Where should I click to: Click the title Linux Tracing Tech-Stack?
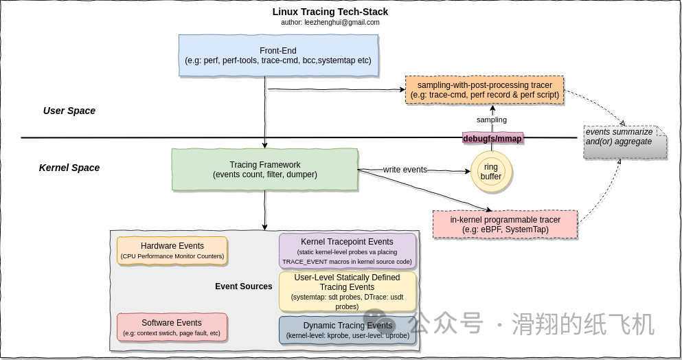330,12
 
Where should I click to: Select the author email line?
330,22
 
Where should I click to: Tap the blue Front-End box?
278,56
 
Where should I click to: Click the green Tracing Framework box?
265,170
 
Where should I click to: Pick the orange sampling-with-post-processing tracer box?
484,90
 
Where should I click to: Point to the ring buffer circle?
491,172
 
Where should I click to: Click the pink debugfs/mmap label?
492,138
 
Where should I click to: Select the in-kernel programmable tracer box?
505,225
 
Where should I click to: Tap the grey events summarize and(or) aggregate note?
625,142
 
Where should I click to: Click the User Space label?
69,111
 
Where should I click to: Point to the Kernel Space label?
69,168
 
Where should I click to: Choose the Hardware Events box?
172,251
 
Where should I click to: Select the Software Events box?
172,327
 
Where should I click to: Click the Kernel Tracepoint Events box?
347,251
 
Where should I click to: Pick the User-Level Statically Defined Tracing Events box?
347,292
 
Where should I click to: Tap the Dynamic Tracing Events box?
348,330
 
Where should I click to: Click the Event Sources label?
244,286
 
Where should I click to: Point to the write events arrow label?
405,169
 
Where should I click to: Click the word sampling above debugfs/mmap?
492,120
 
